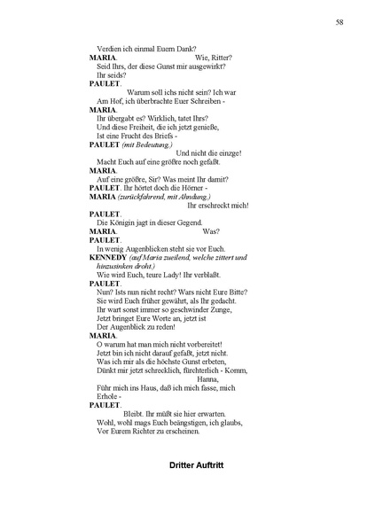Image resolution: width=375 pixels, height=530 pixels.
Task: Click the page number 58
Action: click(340, 21)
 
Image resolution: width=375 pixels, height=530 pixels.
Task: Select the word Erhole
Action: click(105, 394)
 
